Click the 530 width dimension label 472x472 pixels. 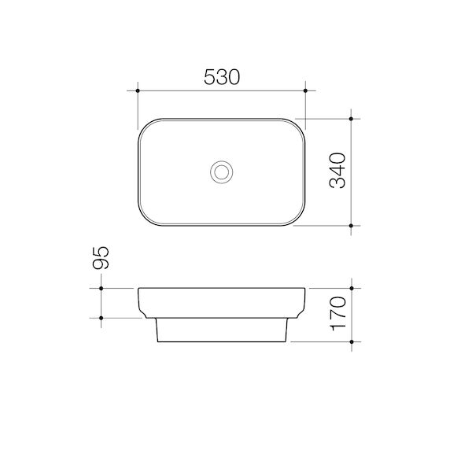point(221,77)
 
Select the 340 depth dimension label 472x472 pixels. point(337,171)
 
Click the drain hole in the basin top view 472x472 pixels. point(221,171)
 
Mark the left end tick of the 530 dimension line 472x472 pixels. point(138,92)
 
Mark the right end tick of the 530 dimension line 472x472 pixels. point(305,92)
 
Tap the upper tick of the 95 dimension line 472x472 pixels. point(102,288)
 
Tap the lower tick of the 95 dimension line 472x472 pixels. point(102,318)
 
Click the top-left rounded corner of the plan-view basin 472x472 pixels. point(145,125)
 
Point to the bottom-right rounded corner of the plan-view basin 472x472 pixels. point(298,219)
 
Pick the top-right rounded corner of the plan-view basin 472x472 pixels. point(298,125)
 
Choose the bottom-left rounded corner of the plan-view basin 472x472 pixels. point(145,219)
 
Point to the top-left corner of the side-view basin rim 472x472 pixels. point(138,289)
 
